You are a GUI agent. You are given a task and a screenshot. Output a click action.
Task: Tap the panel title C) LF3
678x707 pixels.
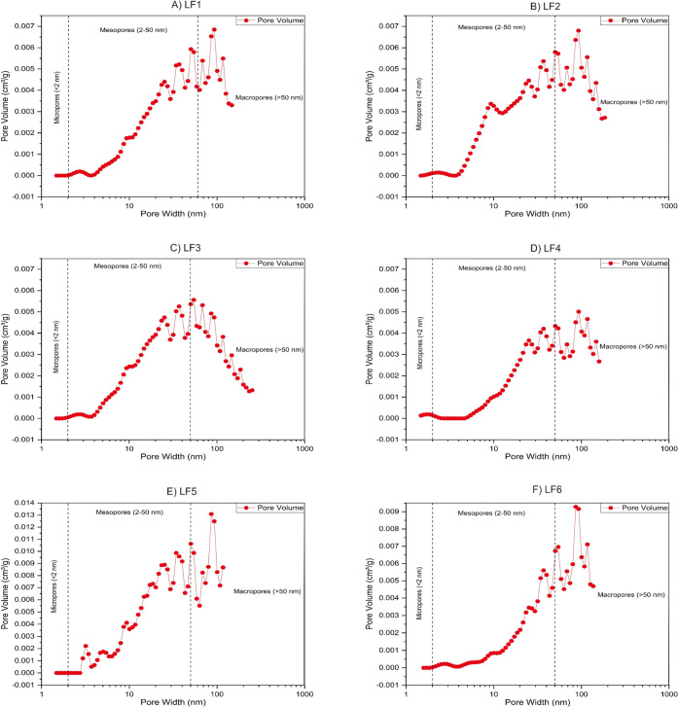tap(172, 248)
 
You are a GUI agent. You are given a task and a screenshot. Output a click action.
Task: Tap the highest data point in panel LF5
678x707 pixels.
tap(211, 514)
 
